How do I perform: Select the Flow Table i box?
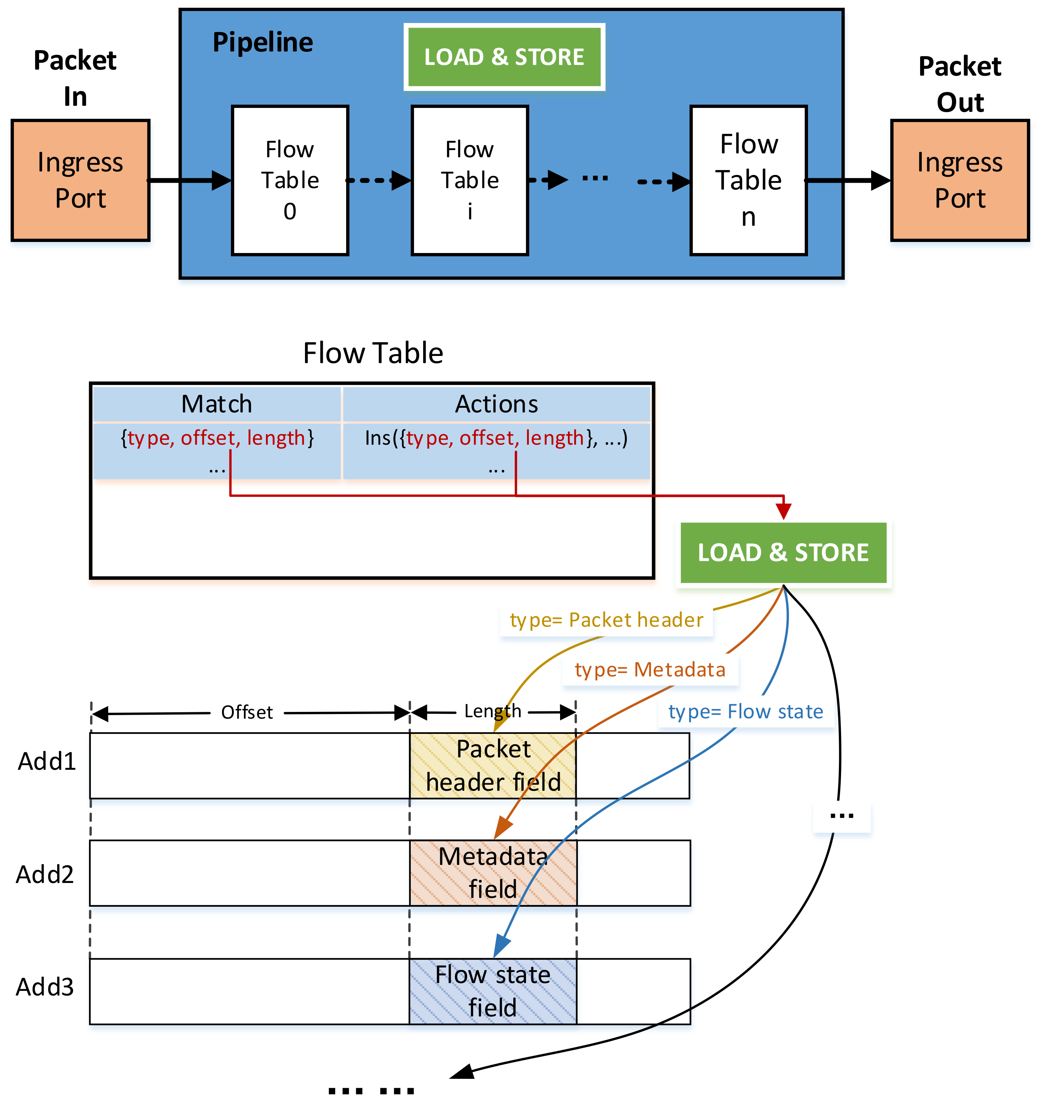[469, 180]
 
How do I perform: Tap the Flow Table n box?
[748, 180]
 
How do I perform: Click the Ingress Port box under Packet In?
[81, 180]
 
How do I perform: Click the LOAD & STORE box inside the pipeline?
[504, 57]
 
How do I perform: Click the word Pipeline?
[262, 42]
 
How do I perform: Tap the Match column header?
[216, 404]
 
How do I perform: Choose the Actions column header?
[497, 404]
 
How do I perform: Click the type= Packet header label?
[606, 620]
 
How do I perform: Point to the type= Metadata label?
[650, 670]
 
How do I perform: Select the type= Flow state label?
[746, 711]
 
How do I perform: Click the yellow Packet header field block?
[493, 765]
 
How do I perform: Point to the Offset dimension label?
[247, 712]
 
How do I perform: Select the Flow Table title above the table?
[373, 353]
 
